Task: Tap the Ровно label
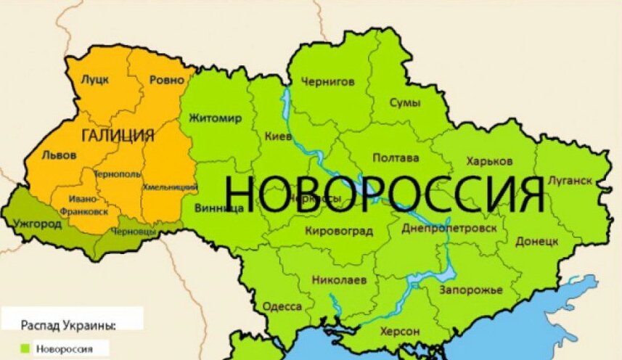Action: (166, 80)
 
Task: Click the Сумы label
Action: (404, 103)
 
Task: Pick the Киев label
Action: (279, 136)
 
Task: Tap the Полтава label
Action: (396, 157)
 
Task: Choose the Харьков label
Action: (490, 160)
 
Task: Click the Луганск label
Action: (570, 180)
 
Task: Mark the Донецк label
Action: (537, 240)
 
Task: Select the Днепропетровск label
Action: (449, 228)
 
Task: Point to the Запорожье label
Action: (470, 290)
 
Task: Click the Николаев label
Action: (339, 279)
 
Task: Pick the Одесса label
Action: (282, 306)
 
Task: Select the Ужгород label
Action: (38, 224)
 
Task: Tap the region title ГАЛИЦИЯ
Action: (118, 136)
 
